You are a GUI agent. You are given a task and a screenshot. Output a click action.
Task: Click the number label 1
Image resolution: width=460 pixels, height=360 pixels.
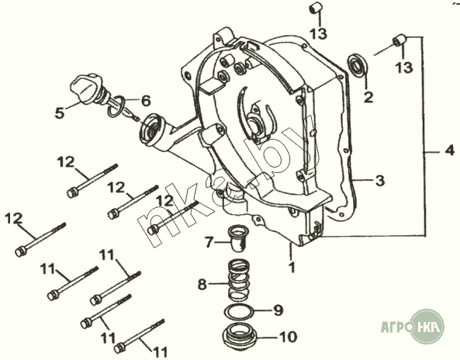[292, 267]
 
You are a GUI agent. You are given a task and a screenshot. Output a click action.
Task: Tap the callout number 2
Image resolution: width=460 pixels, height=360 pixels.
[368, 97]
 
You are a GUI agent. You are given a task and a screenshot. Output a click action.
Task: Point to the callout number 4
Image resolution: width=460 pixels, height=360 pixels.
[449, 151]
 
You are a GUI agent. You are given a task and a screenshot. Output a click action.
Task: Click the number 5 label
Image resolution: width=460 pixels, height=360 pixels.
[60, 113]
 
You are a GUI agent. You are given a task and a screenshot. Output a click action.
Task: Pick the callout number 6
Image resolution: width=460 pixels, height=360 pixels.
[146, 101]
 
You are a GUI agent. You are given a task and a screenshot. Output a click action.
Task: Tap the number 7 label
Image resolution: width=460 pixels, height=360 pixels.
[209, 242]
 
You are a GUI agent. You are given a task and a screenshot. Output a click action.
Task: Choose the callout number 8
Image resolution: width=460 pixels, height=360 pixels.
[202, 284]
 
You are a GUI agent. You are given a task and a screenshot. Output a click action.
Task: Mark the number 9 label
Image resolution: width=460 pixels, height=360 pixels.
[278, 310]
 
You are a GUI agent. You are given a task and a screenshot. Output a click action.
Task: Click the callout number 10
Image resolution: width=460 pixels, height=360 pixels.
[288, 337]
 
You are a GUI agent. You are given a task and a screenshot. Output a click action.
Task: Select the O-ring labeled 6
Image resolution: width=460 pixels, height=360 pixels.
[116, 106]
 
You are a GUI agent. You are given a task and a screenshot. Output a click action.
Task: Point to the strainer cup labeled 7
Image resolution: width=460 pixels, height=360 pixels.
[237, 238]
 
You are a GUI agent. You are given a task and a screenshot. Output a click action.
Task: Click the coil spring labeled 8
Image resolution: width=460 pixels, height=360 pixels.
[239, 280]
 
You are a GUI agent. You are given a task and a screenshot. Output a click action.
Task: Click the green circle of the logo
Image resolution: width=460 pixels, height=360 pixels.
[427, 327]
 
